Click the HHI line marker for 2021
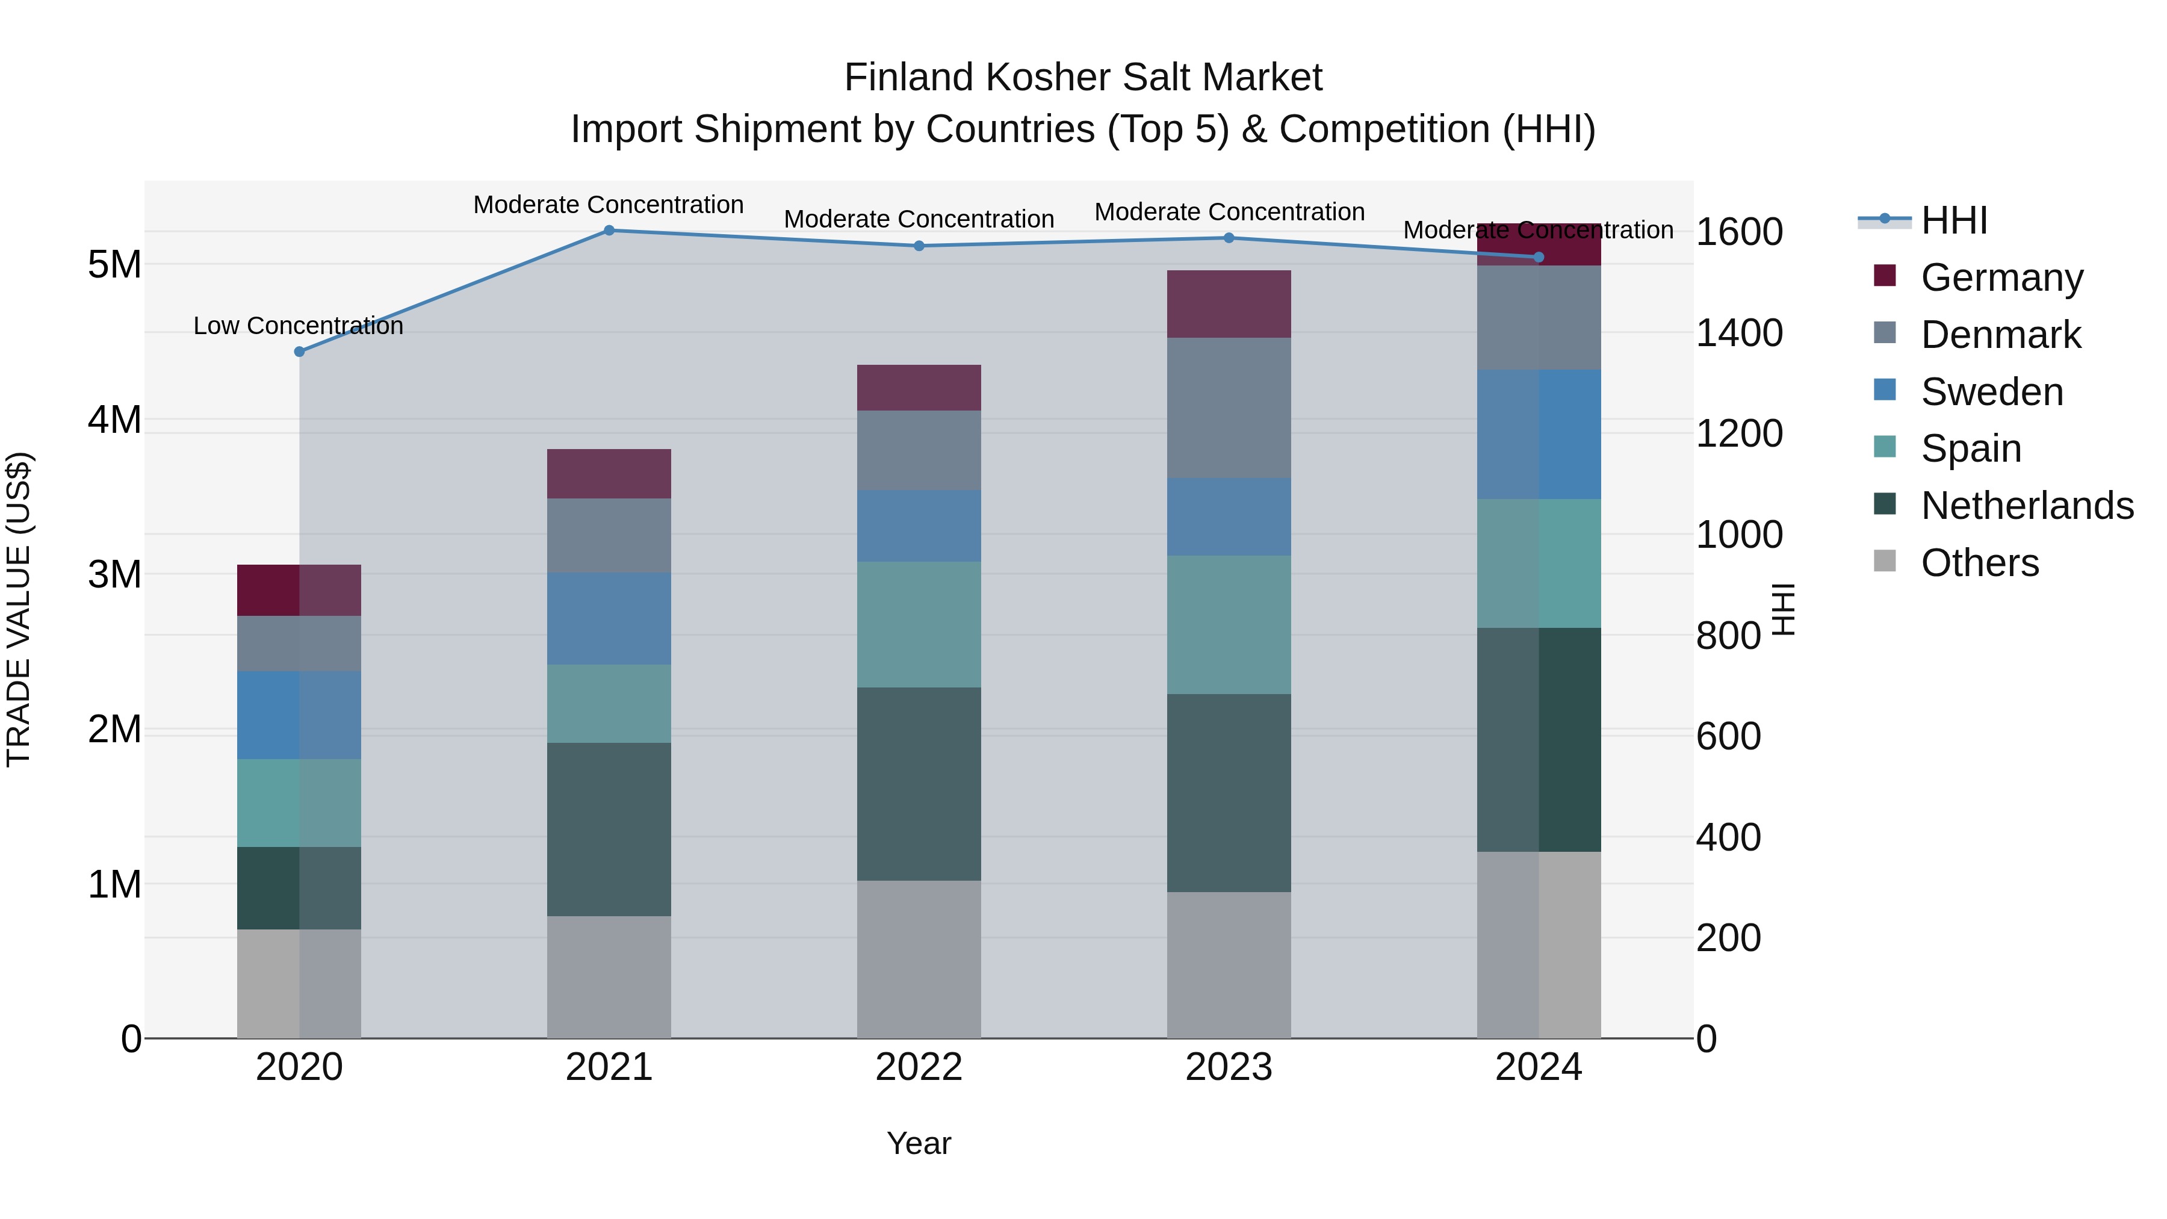click(x=609, y=231)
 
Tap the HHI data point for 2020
click(x=300, y=352)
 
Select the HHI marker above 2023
click(x=1229, y=238)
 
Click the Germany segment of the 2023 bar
click(x=1229, y=304)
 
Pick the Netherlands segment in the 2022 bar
click(x=919, y=784)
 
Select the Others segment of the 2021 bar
click(x=609, y=977)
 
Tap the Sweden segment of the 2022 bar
click(x=919, y=526)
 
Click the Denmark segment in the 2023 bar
click(x=1229, y=408)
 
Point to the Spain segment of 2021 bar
click(x=609, y=703)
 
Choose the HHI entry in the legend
click(x=1953, y=220)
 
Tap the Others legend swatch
click(x=1885, y=561)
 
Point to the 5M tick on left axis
click(x=114, y=265)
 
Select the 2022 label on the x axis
click(x=919, y=1067)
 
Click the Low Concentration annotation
click(x=299, y=326)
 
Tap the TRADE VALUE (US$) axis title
click(x=19, y=609)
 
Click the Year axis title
click(x=919, y=1143)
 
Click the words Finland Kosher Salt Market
click(x=1083, y=78)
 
